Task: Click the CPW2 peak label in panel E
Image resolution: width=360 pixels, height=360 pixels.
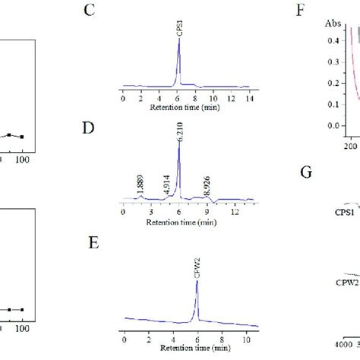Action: [197, 268]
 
